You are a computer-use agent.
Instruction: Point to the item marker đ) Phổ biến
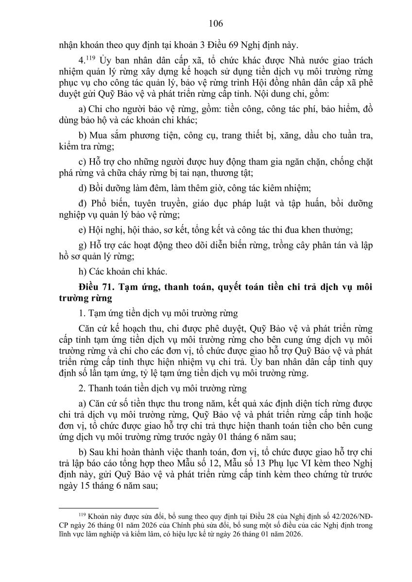(83, 203)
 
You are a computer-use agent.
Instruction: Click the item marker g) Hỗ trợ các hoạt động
(82, 245)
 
